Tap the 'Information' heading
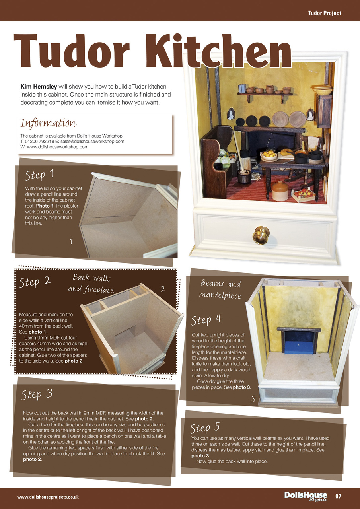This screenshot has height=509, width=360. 48,122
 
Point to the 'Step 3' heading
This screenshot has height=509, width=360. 37,394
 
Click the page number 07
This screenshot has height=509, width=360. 338,496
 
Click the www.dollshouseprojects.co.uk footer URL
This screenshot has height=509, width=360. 48,497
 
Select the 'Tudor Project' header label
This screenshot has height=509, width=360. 324,13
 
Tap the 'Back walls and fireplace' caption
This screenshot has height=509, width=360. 91,284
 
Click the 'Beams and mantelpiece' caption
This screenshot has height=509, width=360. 221,289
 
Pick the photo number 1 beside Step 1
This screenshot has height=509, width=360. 71,241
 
